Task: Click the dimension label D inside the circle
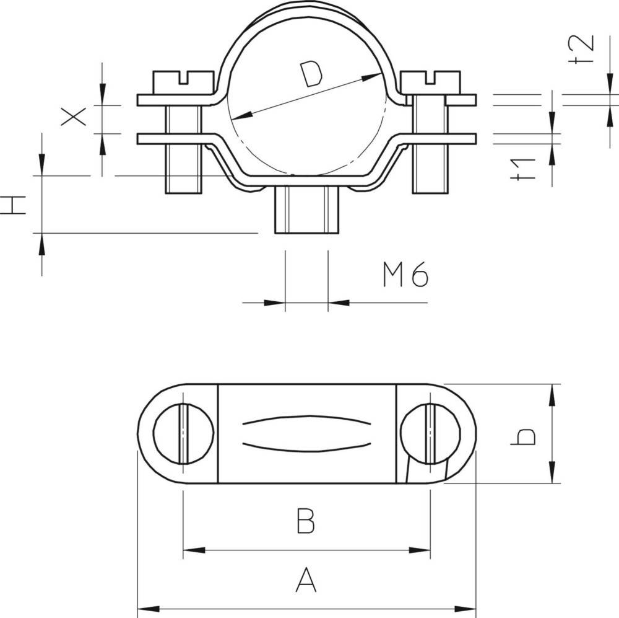[x=312, y=74]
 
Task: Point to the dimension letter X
[x=74, y=116]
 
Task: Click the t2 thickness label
[x=582, y=50]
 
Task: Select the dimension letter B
[x=306, y=521]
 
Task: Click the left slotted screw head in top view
[x=183, y=433]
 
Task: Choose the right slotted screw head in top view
[x=430, y=433]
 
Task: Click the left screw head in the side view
[x=183, y=83]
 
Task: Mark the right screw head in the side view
[x=430, y=83]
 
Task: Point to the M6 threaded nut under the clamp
[x=307, y=210]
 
